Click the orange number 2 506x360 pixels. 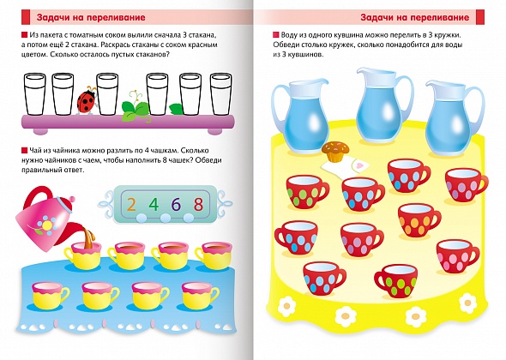[x=131, y=204]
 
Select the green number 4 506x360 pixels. [x=154, y=204]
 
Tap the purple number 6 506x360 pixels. [x=176, y=204]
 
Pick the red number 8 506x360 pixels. [x=198, y=204]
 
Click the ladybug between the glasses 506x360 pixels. [x=86, y=100]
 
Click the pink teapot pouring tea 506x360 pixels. [x=45, y=219]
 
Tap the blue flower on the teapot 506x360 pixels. [x=47, y=224]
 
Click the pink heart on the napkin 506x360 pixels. [x=361, y=165]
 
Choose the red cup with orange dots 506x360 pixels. [x=419, y=220]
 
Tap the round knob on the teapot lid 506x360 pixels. [x=71, y=199]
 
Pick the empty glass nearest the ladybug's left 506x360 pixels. [x=63, y=94]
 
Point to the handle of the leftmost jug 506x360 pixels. [x=277, y=106]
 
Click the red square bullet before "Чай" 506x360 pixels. [x=24, y=150]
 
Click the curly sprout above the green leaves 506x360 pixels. [x=136, y=97]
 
